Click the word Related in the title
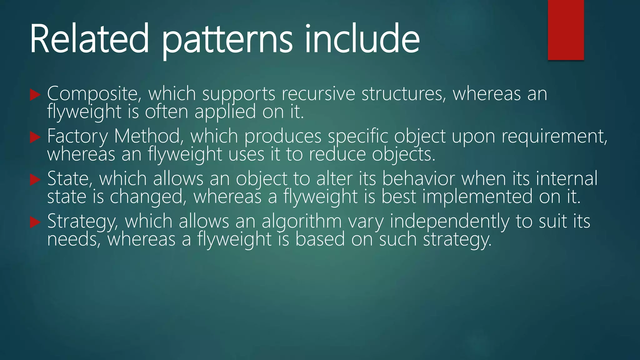tap(89, 39)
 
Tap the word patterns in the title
tap(227, 41)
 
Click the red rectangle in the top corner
tap(566, 30)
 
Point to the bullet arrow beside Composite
tap(35, 95)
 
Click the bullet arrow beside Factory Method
tap(35, 137)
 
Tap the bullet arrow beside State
tap(35, 180)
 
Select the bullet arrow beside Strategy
tap(35, 222)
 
